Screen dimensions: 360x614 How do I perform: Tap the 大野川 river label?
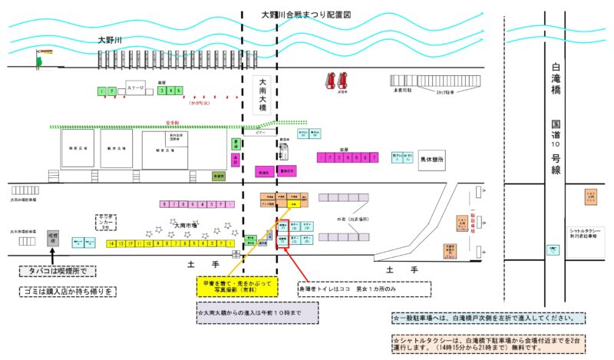(111, 40)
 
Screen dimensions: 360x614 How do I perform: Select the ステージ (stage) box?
(136, 88)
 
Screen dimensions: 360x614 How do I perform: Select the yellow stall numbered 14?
(112, 243)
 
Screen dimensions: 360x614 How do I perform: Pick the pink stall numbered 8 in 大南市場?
(164, 204)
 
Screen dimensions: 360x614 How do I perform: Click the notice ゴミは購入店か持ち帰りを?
(68, 291)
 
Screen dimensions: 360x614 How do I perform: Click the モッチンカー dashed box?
(105, 222)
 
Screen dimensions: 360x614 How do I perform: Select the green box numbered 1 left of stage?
(101, 91)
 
